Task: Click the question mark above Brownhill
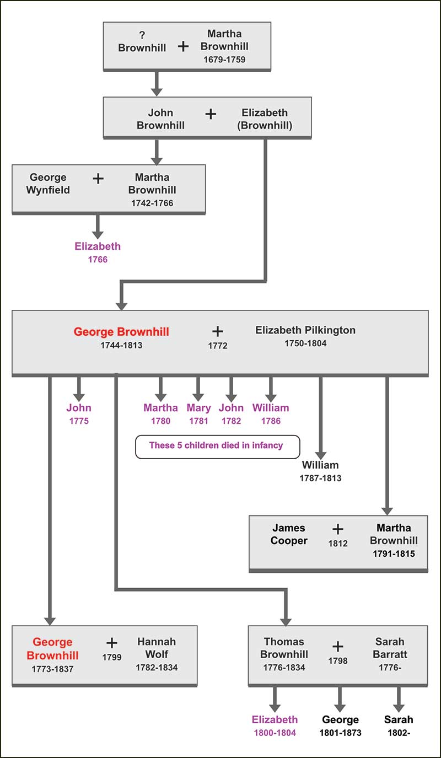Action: pos(142,35)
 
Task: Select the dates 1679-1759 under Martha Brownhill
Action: pos(224,60)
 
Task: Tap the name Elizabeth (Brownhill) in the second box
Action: pos(264,119)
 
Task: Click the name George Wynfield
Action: pos(48,184)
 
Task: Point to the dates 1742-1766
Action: pos(152,203)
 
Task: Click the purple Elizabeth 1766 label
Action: pos(98,252)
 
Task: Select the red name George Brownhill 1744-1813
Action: pos(121,332)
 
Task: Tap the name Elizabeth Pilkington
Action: pos(305,330)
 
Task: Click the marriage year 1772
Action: pos(218,346)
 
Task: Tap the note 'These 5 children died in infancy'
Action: pos(217,446)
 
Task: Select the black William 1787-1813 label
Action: pos(320,471)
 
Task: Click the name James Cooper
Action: pos(288,534)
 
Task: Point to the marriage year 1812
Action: pos(338,543)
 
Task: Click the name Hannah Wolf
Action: pos(157,648)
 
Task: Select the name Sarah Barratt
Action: pos(390,648)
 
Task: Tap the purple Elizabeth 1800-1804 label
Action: pos(275,725)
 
